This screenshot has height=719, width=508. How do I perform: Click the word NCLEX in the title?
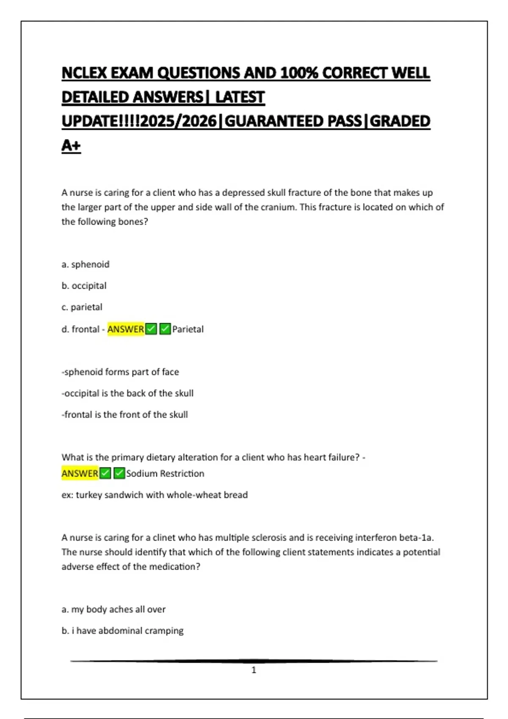tap(84, 73)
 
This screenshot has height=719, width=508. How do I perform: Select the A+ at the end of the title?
tap(71, 145)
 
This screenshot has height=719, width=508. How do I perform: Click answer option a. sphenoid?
tap(86, 264)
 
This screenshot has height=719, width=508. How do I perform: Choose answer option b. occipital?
tap(84, 286)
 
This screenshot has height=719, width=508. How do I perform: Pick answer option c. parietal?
tap(82, 307)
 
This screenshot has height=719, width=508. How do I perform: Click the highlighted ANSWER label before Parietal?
tap(125, 329)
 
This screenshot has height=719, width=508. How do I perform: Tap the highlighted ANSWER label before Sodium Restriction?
tap(80, 473)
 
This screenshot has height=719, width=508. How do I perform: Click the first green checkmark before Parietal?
tap(151, 329)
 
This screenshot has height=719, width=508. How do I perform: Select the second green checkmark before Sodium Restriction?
tap(119, 473)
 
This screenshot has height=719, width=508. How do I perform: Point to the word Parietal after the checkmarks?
tap(188, 329)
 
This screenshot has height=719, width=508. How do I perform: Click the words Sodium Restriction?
tap(165, 474)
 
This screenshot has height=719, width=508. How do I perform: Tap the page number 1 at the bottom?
tap(254, 670)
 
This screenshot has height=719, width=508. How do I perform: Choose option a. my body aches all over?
tap(113, 609)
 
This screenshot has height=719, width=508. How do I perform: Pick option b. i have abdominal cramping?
tap(122, 631)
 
